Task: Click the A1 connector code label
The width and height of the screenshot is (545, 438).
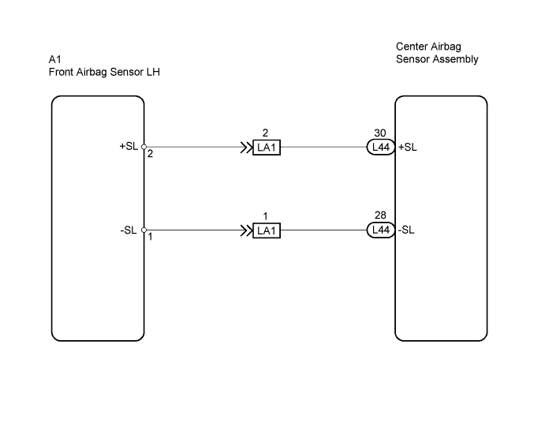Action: point(55,59)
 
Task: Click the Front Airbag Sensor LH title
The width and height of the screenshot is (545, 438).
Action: point(104,72)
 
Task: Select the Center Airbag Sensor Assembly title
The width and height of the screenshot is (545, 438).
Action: point(437,53)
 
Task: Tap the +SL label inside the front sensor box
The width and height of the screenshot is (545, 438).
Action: point(129,146)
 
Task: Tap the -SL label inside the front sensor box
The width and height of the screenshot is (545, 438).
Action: point(129,230)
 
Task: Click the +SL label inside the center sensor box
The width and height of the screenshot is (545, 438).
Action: point(408,147)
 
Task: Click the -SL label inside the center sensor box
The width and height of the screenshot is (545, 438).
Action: point(406,230)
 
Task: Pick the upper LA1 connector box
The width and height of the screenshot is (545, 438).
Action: point(267,148)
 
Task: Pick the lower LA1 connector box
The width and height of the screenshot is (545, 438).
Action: point(267,230)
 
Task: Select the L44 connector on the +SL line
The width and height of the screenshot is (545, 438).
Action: point(381,147)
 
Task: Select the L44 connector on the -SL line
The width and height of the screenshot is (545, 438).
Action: point(381,230)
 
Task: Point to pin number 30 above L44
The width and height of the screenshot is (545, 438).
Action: point(380,133)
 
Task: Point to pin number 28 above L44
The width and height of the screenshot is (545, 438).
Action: point(380,215)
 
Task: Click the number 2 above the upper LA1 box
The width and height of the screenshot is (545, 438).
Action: point(265,133)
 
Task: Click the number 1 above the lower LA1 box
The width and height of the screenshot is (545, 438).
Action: point(265,216)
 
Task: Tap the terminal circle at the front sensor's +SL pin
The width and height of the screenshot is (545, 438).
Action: point(144,147)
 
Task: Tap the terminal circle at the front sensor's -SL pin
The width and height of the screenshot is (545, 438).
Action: point(144,230)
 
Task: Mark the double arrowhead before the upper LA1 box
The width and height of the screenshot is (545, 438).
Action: point(246,148)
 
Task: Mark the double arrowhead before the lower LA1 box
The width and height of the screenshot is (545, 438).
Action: point(246,230)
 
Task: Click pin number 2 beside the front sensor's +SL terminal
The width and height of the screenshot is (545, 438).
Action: point(150,154)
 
